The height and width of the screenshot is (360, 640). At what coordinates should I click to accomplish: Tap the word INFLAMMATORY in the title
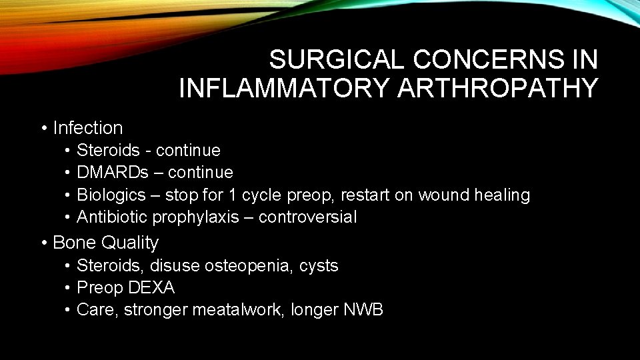click(x=285, y=88)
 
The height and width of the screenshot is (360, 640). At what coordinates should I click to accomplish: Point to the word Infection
click(x=88, y=127)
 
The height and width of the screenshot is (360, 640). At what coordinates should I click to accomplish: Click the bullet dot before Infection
click(x=44, y=127)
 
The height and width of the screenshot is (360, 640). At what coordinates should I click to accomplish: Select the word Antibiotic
click(x=112, y=217)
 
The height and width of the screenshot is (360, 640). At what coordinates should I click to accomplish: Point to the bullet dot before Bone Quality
click(x=44, y=243)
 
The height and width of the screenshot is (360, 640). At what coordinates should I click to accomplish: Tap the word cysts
click(x=319, y=266)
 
